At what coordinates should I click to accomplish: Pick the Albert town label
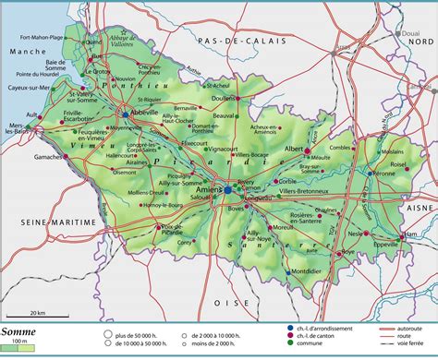coord(297,148)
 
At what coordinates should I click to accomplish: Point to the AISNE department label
coord(410,210)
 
